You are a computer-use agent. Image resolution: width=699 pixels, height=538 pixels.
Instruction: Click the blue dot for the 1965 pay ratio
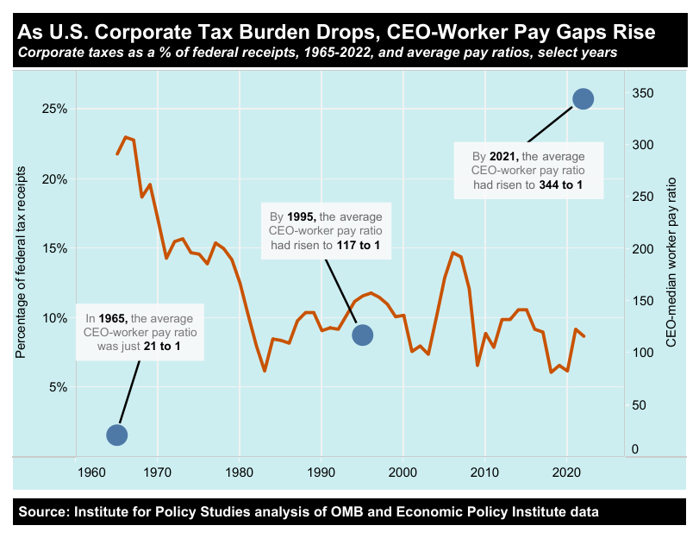[117, 435]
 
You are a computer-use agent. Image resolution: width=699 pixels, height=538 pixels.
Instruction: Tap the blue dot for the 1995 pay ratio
[363, 335]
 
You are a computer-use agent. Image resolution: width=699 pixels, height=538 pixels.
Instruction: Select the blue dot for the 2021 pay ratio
[584, 99]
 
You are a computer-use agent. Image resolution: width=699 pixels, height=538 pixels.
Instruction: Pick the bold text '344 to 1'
[561, 185]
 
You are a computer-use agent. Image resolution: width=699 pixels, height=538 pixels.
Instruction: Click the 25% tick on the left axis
[54, 109]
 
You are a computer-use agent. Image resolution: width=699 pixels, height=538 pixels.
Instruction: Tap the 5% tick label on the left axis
[57, 387]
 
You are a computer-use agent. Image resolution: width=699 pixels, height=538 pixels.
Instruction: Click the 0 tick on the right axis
[634, 449]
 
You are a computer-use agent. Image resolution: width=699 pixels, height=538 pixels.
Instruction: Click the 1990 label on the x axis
[321, 472]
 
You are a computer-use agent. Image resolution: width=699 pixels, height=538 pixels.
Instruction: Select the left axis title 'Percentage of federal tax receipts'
[22, 261]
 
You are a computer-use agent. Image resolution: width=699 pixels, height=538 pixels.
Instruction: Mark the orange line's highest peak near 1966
[126, 137]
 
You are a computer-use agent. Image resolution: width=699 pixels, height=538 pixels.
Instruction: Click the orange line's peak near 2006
[452, 253]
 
